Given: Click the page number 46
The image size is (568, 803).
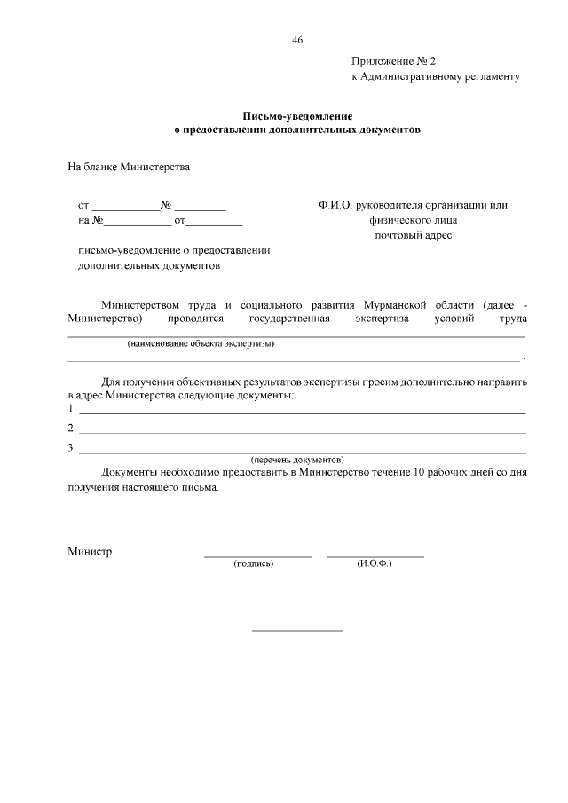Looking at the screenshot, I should tap(297, 40).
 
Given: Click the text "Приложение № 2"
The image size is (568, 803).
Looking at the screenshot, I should tap(394, 61).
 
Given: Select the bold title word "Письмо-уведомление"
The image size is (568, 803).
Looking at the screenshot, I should tap(297, 116).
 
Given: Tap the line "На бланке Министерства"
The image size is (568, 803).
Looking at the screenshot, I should tap(129, 166).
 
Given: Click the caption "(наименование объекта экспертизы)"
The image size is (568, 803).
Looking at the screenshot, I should tap(201, 343).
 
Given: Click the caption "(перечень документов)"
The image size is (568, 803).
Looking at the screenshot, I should tap(297, 460).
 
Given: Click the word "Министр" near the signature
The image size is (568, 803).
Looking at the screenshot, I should tap(90, 552).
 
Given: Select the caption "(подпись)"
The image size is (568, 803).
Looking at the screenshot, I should tap(254, 563).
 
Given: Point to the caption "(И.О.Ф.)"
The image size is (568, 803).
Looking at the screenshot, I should tap(375, 563).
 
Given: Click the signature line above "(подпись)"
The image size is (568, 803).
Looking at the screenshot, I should tap(258, 556).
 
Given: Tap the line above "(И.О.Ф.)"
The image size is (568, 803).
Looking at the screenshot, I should tap(375, 556).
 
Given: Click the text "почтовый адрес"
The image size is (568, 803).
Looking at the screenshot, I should tap(413, 235).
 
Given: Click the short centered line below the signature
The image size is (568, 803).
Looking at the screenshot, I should tap(297, 631).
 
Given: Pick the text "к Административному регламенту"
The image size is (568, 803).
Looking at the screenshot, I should tap(435, 77).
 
